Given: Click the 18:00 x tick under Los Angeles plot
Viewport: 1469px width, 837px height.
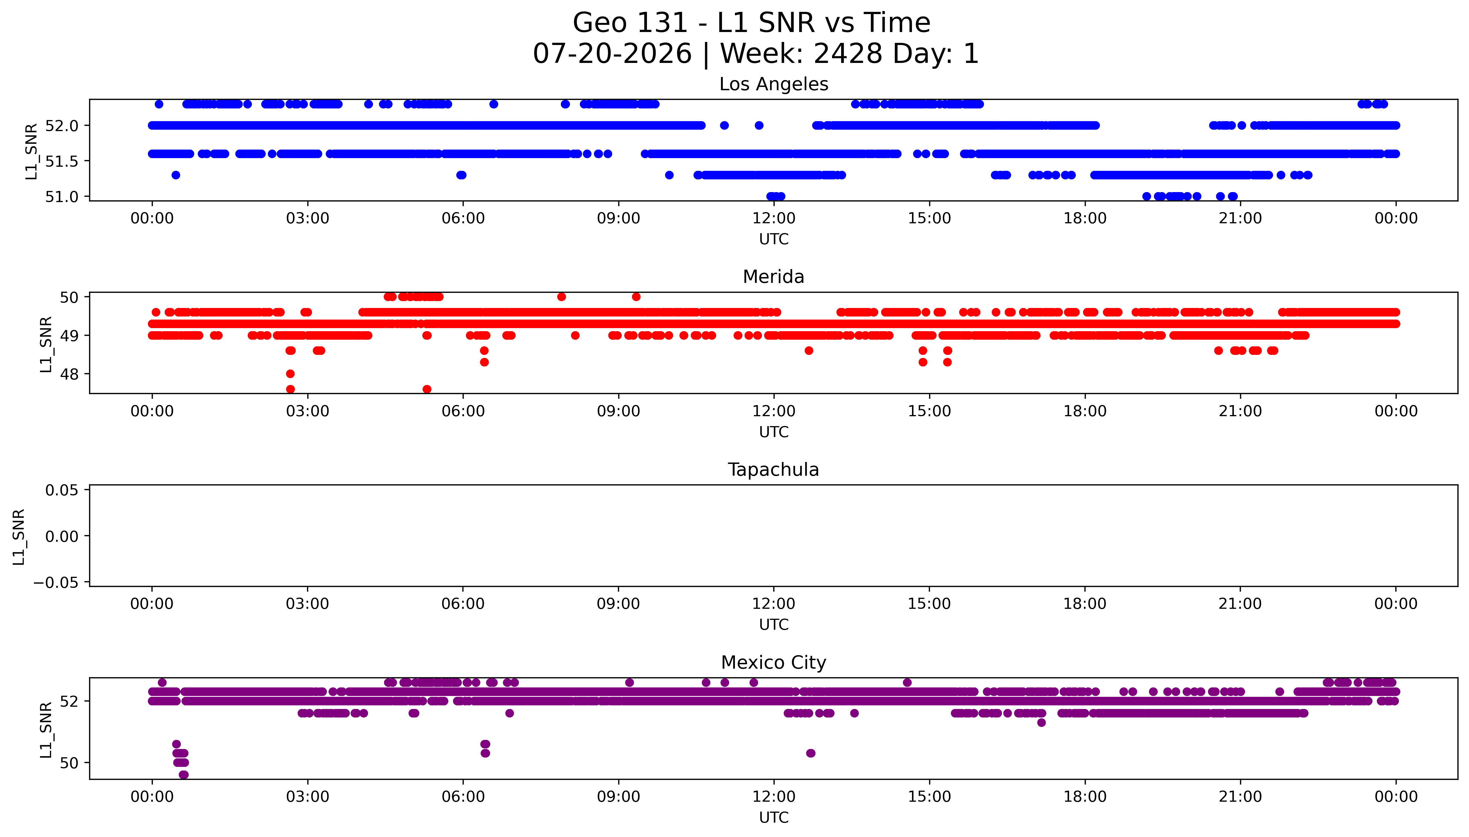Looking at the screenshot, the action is (1085, 219).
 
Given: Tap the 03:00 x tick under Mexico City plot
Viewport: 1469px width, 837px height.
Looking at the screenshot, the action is (307, 797).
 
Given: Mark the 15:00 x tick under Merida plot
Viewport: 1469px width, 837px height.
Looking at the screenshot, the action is (929, 411).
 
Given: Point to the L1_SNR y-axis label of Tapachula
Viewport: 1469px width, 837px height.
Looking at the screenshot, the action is (19, 536).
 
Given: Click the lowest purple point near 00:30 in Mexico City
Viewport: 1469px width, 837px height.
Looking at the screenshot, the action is (183, 774).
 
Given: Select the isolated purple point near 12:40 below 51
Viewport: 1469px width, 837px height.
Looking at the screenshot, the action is (811, 753).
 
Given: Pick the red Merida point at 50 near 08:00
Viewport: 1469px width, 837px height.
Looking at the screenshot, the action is (561, 297).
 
